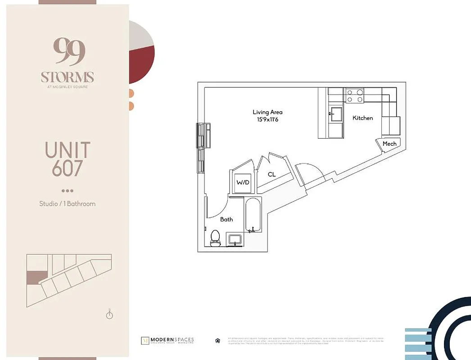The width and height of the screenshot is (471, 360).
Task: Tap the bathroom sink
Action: [235, 239]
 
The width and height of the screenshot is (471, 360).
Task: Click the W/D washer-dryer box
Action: [243, 183]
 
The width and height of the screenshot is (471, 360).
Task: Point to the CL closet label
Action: [272, 174]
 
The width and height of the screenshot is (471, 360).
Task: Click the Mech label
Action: [389, 144]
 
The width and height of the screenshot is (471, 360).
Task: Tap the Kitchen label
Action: [362, 118]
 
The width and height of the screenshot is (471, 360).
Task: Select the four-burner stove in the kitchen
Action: [354, 96]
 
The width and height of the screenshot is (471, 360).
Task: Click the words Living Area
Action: [267, 112]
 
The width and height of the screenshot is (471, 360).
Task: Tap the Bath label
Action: [226, 219]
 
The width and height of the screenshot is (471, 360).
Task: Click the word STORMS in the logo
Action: [67, 76]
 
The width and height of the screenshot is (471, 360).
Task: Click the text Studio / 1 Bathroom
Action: [67, 203]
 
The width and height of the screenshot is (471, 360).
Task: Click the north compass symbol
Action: [109, 315]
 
